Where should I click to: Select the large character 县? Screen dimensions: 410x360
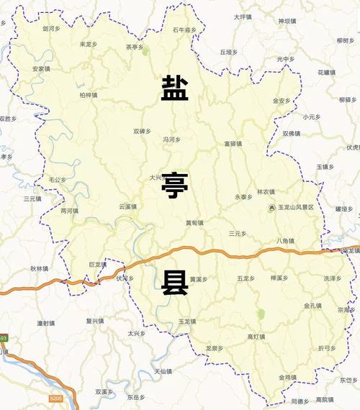point(175,283)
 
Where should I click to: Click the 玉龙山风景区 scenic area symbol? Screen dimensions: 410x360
point(271,208)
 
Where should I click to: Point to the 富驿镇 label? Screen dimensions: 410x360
point(232,144)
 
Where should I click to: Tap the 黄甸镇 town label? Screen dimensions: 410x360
point(194,222)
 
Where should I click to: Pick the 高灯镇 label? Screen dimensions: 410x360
point(256,337)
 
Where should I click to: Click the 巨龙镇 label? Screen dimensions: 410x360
point(97,265)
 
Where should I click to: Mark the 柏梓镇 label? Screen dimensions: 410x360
point(89,94)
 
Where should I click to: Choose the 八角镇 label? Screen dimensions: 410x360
point(285,241)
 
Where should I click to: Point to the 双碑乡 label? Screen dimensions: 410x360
point(142,131)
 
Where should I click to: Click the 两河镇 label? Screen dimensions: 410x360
point(69,211)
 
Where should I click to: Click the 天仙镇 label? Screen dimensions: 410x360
point(163,371)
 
